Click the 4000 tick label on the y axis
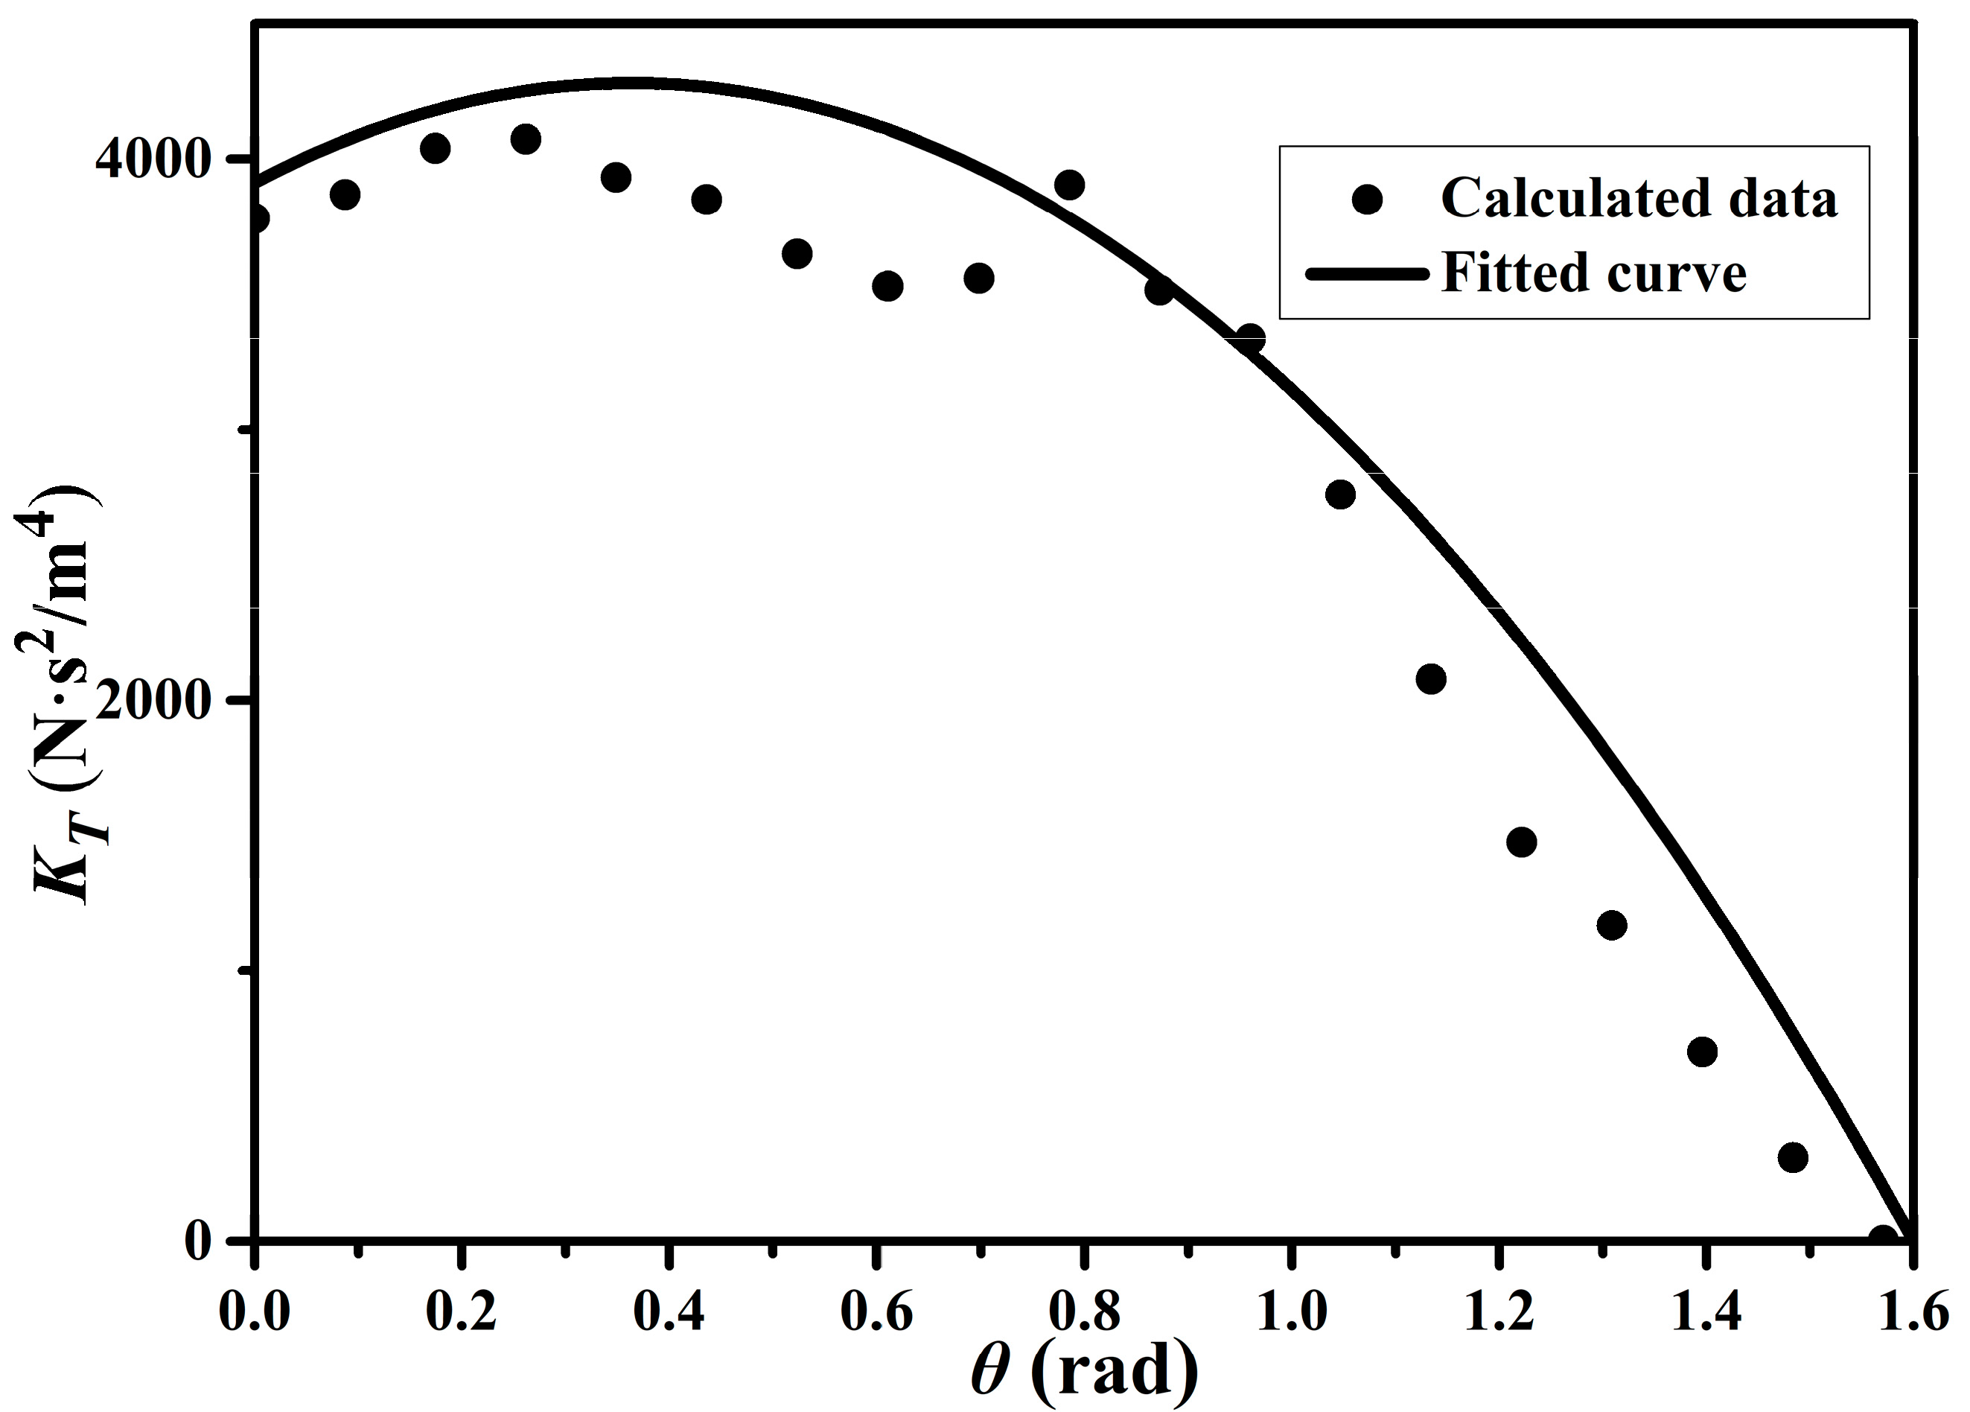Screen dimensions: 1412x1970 tap(153, 159)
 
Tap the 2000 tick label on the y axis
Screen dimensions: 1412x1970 tap(153, 699)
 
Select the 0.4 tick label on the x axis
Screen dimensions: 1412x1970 tap(668, 1312)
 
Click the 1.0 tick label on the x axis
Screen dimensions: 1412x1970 tap(1292, 1312)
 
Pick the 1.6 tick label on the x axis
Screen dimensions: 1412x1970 tap(1913, 1312)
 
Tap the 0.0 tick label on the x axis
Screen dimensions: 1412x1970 tap(254, 1312)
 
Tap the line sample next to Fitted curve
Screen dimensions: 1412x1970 tap(1366, 275)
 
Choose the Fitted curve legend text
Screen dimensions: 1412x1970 tap(1593, 273)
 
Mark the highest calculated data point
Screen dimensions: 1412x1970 tap(526, 139)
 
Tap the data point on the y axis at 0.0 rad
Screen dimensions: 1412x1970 tap(256, 217)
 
